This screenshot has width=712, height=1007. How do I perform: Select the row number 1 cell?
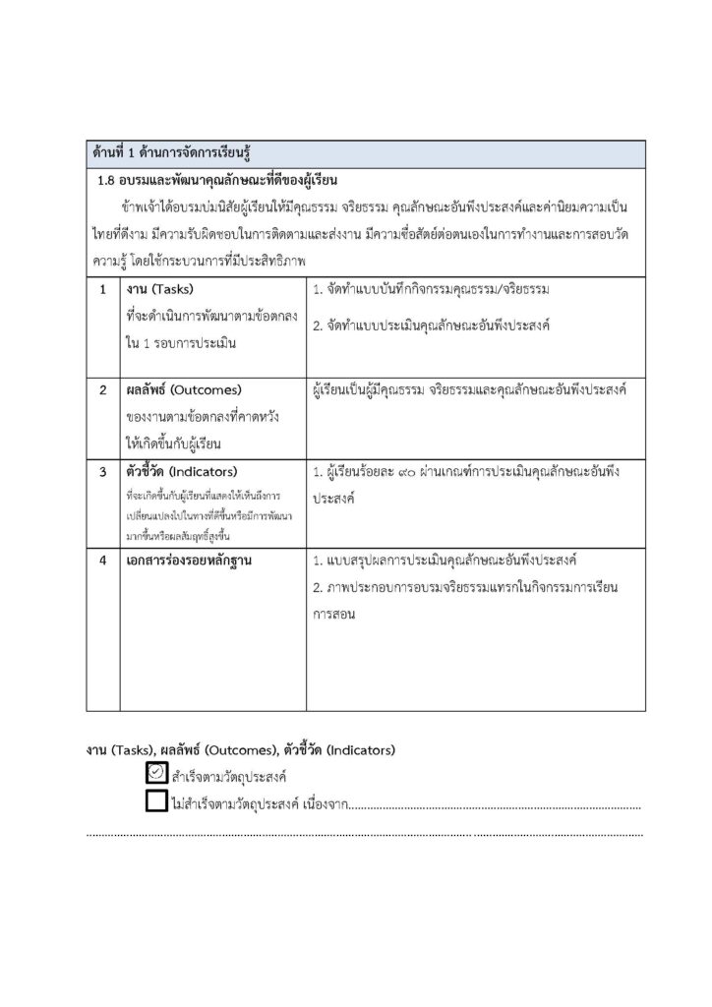(102, 291)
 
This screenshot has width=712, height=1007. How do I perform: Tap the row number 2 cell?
(102, 390)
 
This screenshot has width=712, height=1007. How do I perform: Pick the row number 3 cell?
(102, 471)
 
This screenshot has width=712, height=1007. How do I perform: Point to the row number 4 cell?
(102, 560)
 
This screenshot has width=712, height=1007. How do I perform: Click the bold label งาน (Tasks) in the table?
(160, 291)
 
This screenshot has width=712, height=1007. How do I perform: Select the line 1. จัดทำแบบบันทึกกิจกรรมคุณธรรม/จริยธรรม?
(431, 291)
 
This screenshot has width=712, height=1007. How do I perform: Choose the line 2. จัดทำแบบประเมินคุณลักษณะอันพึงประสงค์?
(431, 325)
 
